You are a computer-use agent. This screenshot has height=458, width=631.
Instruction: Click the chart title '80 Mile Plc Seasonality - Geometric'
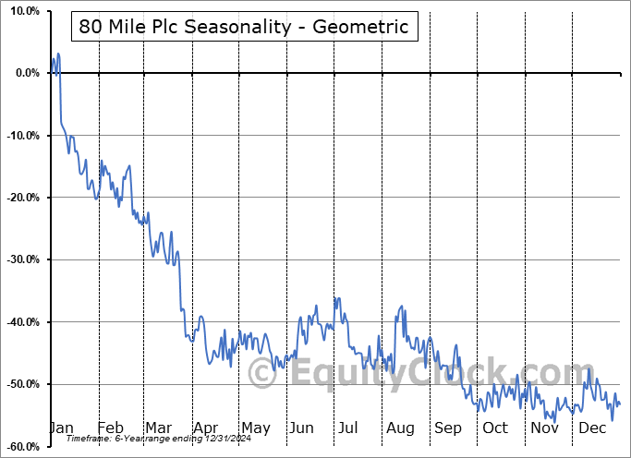(244, 27)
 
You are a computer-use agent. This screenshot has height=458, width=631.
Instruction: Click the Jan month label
(60, 428)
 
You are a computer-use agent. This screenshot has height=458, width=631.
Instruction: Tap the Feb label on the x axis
(110, 428)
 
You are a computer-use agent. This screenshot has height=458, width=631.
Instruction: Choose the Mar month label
(158, 428)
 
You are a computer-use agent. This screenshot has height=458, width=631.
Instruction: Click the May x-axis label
(255, 428)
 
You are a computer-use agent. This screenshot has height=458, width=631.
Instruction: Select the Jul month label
(348, 428)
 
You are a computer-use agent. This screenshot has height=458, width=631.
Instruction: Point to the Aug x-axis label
(401, 428)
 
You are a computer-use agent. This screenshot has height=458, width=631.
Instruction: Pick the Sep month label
(448, 428)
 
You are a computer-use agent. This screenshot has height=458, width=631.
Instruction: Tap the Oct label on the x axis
(495, 428)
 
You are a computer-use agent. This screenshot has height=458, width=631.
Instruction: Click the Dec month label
(592, 428)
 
